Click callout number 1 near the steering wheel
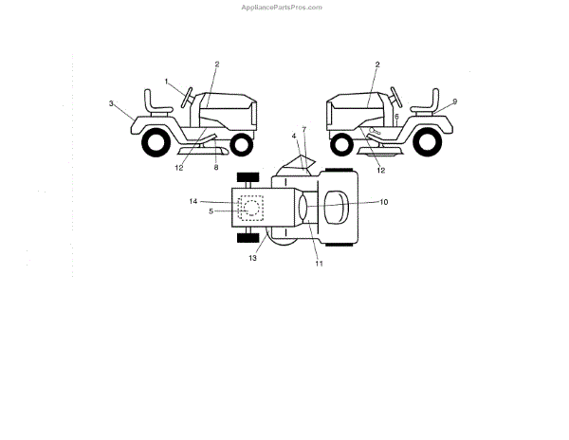[x=168, y=82]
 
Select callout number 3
[x=111, y=102]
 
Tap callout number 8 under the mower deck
[x=215, y=168]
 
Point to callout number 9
[x=455, y=101]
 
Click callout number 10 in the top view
[x=384, y=202]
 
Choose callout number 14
[x=193, y=201]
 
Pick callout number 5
[x=211, y=211]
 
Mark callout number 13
[x=253, y=257]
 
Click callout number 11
[x=320, y=264]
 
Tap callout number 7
[x=304, y=126]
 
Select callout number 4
[x=295, y=136]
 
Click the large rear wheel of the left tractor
[x=153, y=143]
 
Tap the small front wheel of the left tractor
[x=242, y=145]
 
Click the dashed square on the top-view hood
[x=250, y=207]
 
